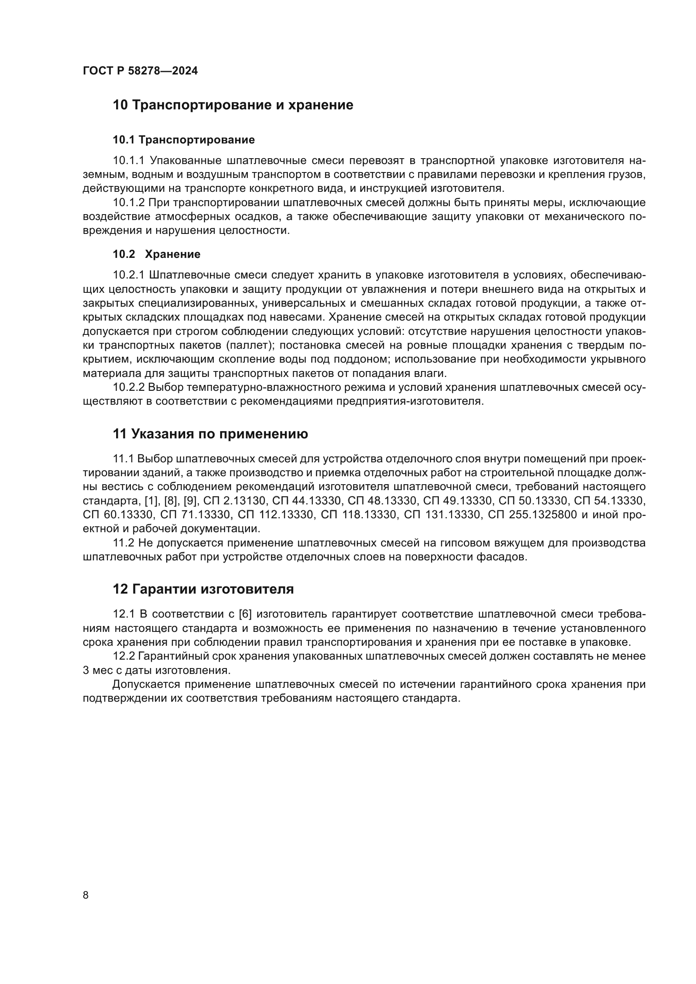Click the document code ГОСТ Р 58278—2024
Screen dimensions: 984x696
coord(140,71)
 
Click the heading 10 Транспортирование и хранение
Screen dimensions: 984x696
coord(233,105)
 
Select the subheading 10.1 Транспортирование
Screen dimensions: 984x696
coord(183,140)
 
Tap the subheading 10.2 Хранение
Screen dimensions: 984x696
coord(157,254)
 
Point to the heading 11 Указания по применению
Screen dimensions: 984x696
coord(210,434)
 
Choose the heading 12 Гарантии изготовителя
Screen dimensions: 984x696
coord(203,589)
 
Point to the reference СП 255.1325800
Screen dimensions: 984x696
coord(532,514)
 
